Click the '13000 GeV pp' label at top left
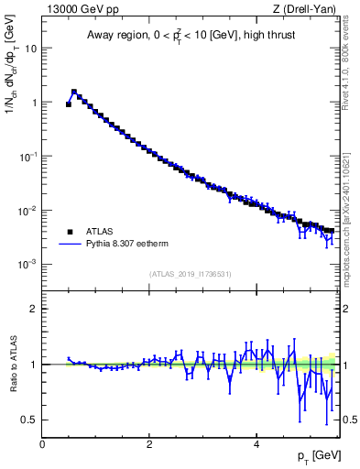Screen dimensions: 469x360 [80, 9]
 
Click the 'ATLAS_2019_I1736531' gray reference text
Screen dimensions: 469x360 [191, 274]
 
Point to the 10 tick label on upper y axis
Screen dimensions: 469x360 [29, 48]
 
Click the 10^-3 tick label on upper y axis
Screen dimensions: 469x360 [27, 264]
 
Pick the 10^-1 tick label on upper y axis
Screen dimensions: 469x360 [27, 156]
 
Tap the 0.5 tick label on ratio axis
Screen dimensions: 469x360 [29, 420]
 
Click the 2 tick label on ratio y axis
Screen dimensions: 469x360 [33, 309]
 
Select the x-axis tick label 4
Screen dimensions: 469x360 [256, 442]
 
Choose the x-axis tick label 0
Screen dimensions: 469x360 [42, 442]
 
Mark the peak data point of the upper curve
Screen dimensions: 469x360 [74, 92]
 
